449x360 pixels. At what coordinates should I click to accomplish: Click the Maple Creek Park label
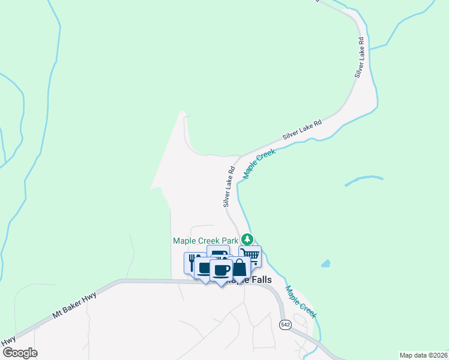click(206, 241)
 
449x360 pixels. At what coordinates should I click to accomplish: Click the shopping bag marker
click(240, 268)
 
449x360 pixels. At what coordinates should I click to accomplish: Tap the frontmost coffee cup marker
click(220, 269)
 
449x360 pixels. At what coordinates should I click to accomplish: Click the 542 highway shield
click(286, 324)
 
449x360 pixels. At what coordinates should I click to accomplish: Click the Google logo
click(19, 352)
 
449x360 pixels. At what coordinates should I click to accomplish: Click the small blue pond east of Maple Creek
click(325, 263)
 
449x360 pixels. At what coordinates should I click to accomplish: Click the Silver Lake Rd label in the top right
click(360, 58)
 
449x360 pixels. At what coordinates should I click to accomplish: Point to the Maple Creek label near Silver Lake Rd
click(259, 164)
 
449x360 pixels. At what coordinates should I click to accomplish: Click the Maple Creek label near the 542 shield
click(300, 302)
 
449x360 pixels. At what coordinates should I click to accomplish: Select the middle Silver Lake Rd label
click(302, 130)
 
